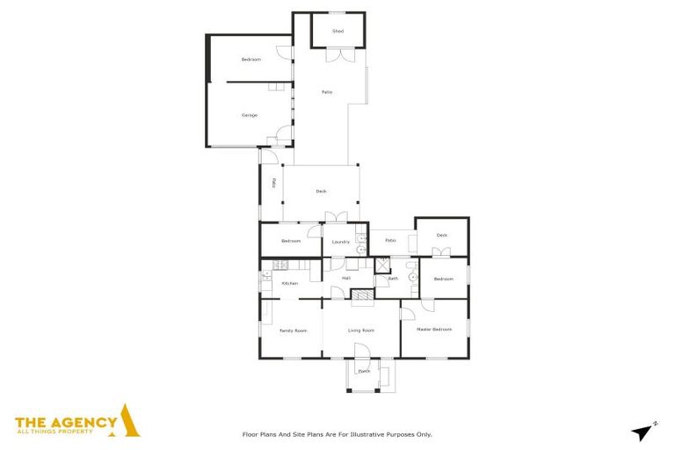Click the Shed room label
pyautogui.click(x=337, y=32)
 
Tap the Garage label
pyautogui.click(x=250, y=115)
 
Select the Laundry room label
pyautogui.click(x=341, y=242)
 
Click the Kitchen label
pyautogui.click(x=290, y=283)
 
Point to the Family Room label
pyautogui.click(x=293, y=330)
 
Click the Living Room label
pyautogui.click(x=361, y=330)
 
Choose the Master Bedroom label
pyautogui.click(x=434, y=330)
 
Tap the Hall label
pyautogui.click(x=346, y=279)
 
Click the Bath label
pyautogui.click(x=393, y=279)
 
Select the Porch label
pyautogui.click(x=364, y=371)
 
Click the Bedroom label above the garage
pyautogui.click(x=251, y=60)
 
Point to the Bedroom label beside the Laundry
pyautogui.click(x=291, y=241)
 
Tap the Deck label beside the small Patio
pyautogui.click(x=442, y=235)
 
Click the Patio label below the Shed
pyautogui.click(x=326, y=92)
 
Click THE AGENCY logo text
pyautogui.click(x=66, y=422)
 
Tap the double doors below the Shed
pyautogui.click(x=337, y=54)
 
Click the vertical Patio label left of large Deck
pyautogui.click(x=273, y=183)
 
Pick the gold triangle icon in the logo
pyautogui.click(x=129, y=421)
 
